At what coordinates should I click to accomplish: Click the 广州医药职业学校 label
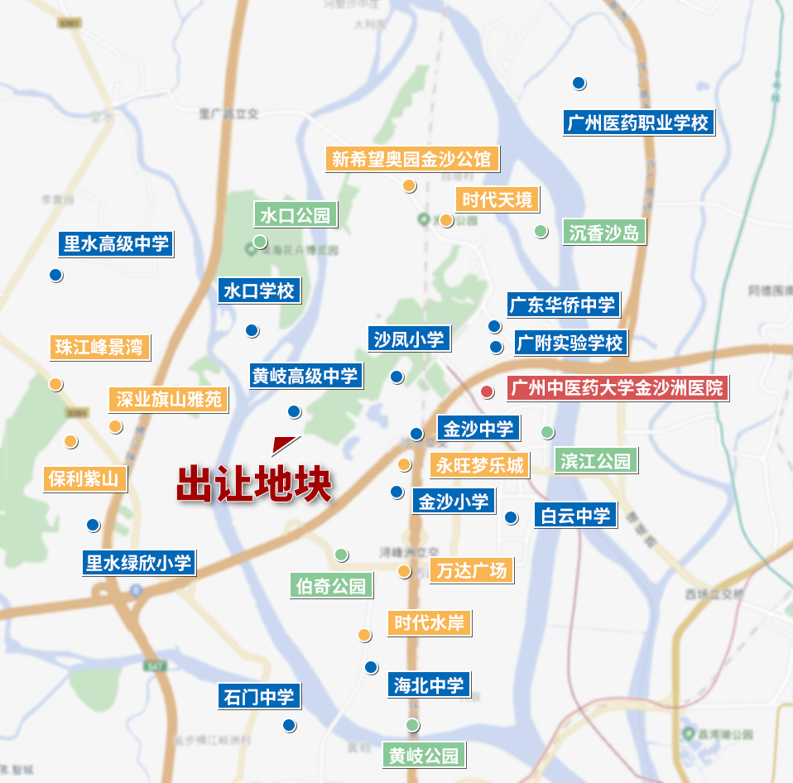637,123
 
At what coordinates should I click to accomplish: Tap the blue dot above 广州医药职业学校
579,83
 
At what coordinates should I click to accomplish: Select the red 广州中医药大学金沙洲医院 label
617,387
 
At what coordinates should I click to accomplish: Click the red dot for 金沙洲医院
488,391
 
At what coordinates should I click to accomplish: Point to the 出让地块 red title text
254,483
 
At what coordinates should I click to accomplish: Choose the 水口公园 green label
296,216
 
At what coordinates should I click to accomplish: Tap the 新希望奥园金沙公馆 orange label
411,158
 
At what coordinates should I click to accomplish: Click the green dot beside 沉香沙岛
541,231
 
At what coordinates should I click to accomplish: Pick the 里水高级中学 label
116,244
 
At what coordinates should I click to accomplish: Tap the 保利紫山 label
84,478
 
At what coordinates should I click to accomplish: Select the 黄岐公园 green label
423,756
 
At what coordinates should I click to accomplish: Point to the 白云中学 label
575,516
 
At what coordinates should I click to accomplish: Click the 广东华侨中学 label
563,305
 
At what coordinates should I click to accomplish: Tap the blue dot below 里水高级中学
55,275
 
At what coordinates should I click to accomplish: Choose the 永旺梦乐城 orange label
479,465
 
